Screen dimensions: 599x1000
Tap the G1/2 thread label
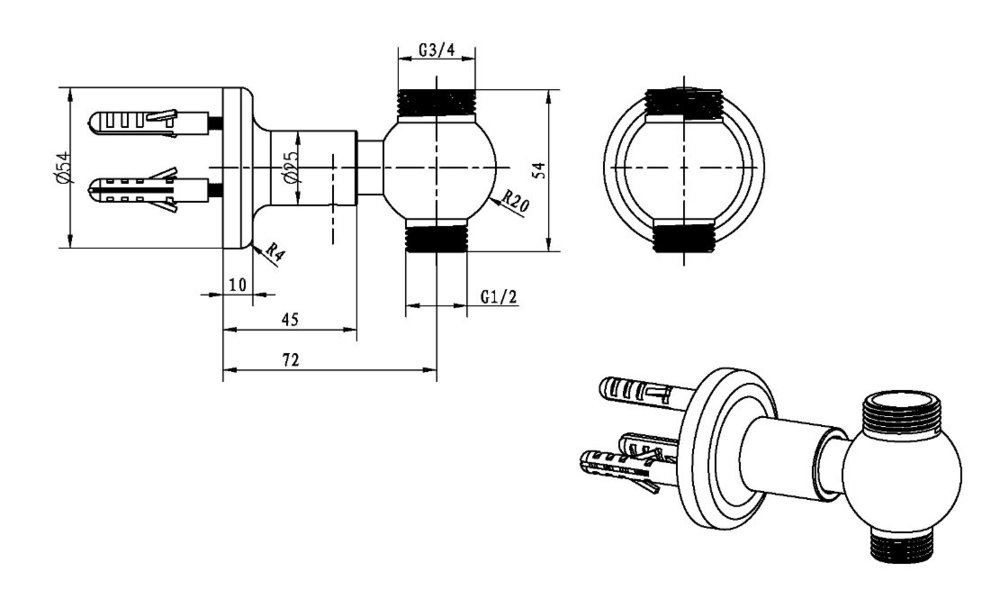[498, 297]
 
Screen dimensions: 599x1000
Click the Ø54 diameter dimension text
[62, 166]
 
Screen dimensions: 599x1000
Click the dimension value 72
[290, 359]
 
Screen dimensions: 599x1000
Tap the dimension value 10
[237, 284]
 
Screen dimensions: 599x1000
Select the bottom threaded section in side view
[437, 236]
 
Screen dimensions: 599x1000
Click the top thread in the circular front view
[683, 103]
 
